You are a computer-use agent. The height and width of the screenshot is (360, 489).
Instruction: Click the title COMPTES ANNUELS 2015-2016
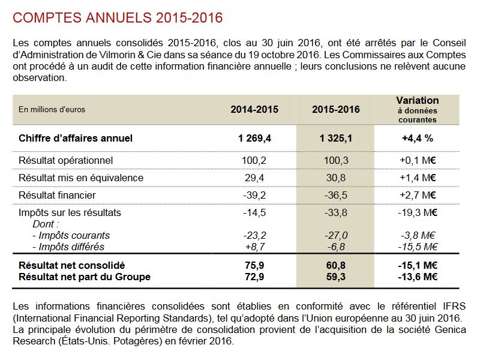coord(118,18)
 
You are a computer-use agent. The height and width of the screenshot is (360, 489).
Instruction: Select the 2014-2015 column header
coord(254,109)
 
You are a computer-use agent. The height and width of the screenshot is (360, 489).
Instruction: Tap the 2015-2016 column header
coord(336,109)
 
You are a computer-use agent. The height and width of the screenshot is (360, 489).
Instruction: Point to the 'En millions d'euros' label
coord(52,109)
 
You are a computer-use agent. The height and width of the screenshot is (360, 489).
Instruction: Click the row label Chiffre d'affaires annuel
coord(76,138)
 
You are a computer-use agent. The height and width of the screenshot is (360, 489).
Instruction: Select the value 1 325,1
coord(336,138)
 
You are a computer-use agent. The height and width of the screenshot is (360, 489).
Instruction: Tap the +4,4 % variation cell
coord(418,138)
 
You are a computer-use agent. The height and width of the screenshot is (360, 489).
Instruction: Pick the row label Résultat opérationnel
coord(65,160)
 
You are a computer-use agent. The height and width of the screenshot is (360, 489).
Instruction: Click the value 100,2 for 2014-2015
coord(254,160)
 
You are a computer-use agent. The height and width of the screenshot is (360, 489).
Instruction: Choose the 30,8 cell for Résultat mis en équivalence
coord(336,178)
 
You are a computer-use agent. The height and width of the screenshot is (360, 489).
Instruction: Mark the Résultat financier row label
coord(57,195)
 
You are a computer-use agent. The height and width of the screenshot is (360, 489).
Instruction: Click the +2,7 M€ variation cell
coord(418,195)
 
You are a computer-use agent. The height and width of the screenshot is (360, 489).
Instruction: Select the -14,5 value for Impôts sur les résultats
coord(254,213)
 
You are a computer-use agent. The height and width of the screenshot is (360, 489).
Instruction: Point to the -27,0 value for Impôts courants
coord(336,236)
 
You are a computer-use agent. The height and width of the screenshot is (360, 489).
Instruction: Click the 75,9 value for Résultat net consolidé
coord(254,265)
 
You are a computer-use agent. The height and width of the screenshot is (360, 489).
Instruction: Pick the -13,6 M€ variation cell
coord(418,277)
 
